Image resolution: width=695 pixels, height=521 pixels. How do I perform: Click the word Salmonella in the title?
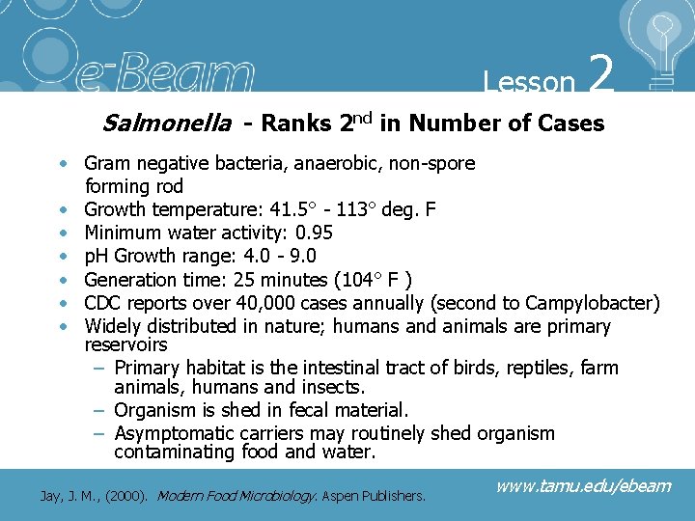[167, 123]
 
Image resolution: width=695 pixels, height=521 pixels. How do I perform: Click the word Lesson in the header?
[529, 81]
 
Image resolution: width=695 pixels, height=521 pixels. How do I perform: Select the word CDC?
[105, 303]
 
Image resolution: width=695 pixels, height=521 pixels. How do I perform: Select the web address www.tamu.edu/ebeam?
[582, 485]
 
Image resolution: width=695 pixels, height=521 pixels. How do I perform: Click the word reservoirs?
[125, 344]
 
